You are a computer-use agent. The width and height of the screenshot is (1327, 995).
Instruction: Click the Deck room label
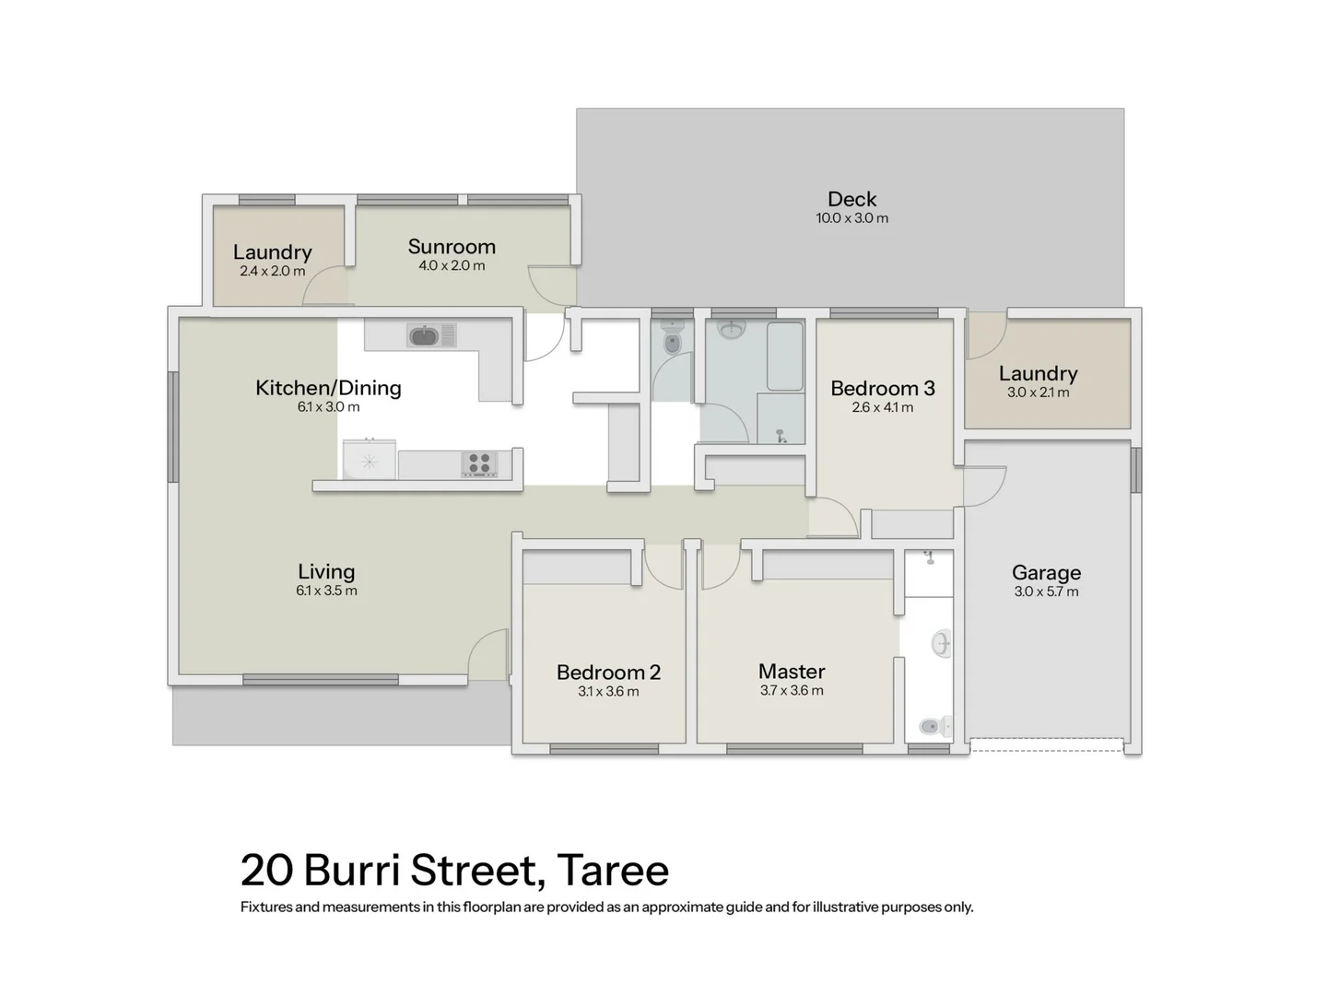tap(851, 199)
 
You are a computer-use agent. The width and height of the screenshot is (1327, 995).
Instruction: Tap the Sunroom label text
tap(452, 247)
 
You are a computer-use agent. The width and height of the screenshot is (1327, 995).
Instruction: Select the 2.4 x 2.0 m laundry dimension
tap(272, 272)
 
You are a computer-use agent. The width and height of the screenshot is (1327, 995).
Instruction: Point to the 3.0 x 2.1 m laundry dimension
tap(1038, 392)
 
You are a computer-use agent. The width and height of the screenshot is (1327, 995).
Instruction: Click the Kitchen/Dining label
tap(328, 388)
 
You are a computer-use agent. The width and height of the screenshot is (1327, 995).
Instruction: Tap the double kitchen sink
tap(431, 336)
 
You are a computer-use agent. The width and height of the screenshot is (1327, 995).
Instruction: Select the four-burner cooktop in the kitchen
tap(479, 463)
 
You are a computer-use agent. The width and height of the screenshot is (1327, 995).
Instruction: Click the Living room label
tap(326, 572)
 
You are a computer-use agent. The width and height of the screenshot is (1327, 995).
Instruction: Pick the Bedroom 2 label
tap(608, 673)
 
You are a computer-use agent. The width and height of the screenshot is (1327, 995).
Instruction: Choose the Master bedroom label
tap(792, 672)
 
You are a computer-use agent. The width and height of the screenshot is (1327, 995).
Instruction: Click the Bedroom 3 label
tap(882, 389)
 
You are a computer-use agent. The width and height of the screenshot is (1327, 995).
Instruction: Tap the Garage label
tap(1046, 573)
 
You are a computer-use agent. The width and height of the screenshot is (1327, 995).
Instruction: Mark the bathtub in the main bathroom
tap(785, 357)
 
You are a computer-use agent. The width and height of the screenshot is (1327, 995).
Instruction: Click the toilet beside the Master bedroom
tap(933, 727)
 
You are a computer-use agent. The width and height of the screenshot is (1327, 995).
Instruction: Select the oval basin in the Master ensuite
tap(941, 643)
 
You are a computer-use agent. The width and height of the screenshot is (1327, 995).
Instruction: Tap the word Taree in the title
tap(613, 871)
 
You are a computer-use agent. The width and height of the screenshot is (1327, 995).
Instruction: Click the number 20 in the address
tap(266, 871)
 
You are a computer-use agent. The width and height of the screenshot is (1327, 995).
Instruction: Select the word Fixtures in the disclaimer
tap(266, 907)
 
